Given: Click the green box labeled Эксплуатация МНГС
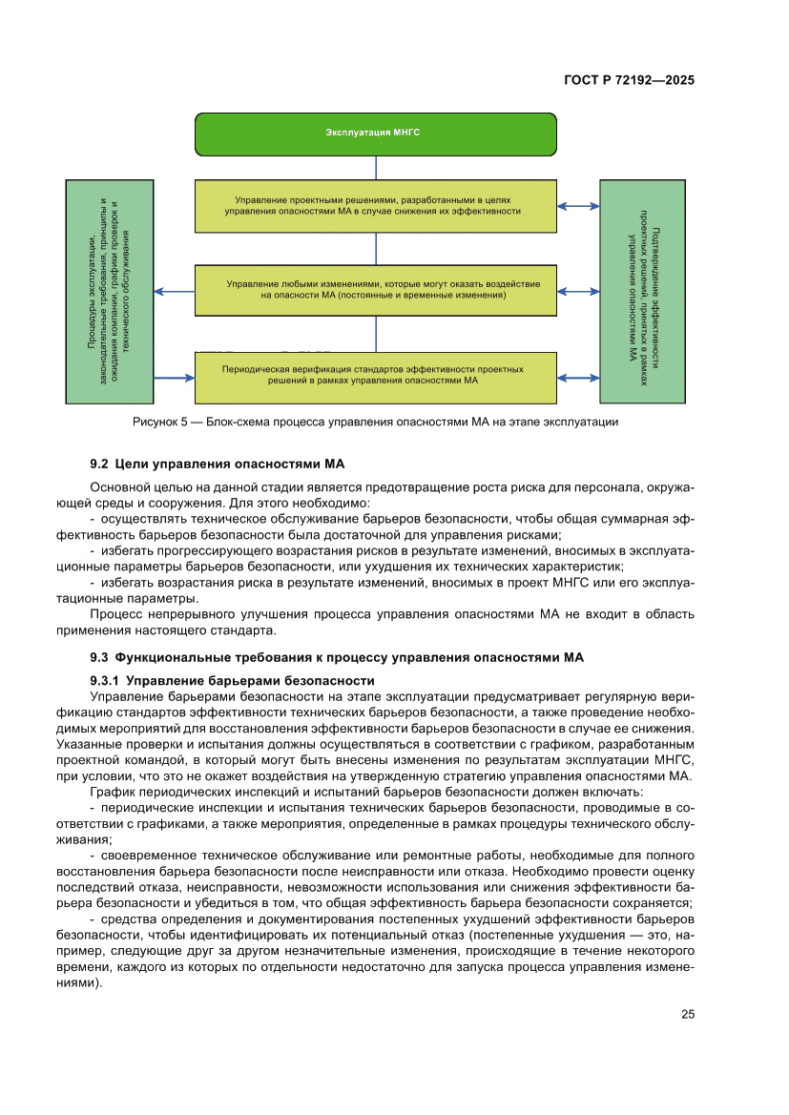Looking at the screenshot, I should [376, 134].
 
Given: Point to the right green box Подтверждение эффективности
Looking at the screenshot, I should [641, 291].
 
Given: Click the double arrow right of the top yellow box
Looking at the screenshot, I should [578, 205].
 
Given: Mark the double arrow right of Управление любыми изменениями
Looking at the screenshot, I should [578, 291].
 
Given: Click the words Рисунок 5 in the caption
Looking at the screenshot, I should [156, 422].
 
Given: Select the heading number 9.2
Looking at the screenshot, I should [100, 465].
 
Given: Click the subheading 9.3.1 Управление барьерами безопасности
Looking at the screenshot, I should [230, 680].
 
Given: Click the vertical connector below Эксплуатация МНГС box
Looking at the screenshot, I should [376, 167].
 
